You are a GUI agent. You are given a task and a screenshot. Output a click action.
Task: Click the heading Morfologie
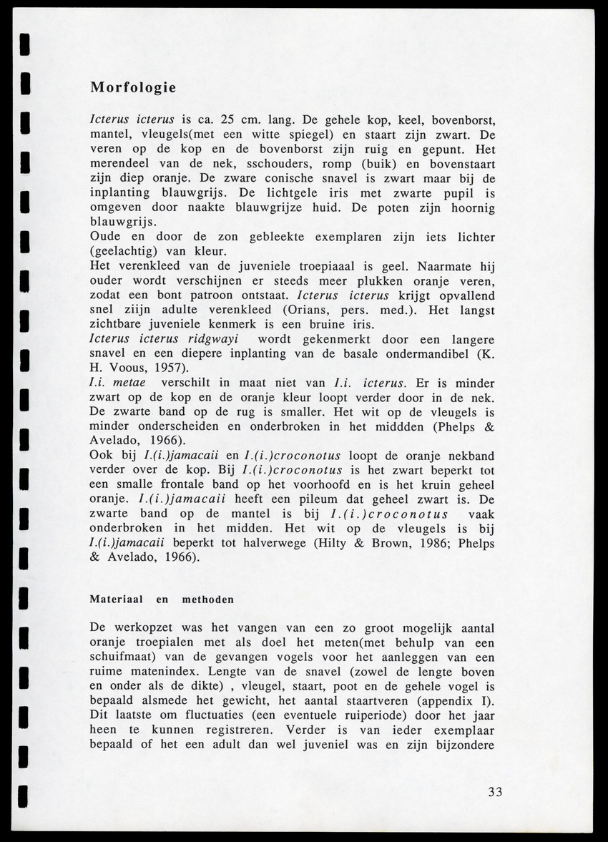133,88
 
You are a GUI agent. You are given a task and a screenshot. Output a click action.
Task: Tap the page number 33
495,792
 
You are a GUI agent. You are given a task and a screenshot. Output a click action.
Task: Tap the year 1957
167,368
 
